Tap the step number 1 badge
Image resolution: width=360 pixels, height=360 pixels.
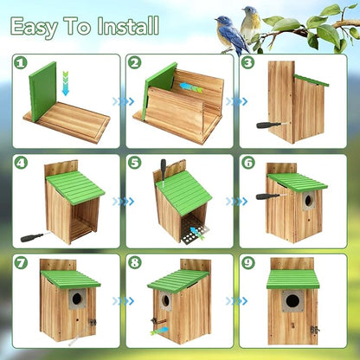[22, 63]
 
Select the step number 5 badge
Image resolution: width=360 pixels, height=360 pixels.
[134, 163]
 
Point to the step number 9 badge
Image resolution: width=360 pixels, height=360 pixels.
[248, 262]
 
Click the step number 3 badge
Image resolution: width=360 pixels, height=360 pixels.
[248, 63]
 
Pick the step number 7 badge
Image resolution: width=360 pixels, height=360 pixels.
[22, 262]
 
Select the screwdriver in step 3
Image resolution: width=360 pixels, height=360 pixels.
[268, 124]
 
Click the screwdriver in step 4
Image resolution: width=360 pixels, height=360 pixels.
[32, 236]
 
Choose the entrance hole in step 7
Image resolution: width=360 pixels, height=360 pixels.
[76, 297]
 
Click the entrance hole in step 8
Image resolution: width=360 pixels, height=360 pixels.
[164, 301]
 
